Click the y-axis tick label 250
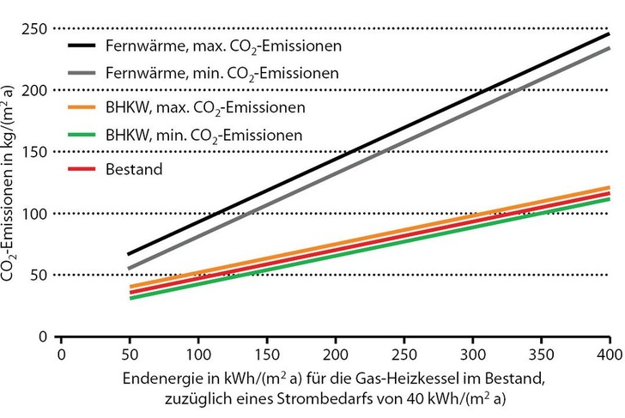[x=33, y=28]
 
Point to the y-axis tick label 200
[x=33, y=90]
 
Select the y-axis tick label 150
[x=33, y=152]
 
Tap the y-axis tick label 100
[x=33, y=214]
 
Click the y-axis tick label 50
[x=37, y=275]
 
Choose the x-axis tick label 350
[x=540, y=354]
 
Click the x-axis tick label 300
[x=471, y=354]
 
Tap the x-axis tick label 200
[x=334, y=354]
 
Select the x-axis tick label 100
[x=197, y=354]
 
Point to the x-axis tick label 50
[x=129, y=354]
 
